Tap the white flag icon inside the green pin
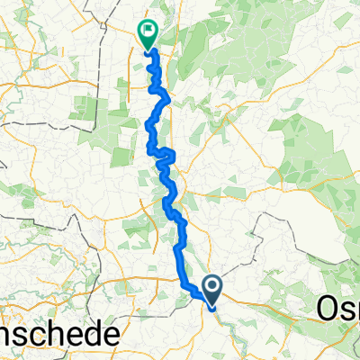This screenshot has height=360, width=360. [x=148, y=31]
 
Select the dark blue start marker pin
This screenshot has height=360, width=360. [x=213, y=291]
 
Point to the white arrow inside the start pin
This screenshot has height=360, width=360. [x=213, y=287]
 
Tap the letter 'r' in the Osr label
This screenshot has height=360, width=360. [x=355, y=311]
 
